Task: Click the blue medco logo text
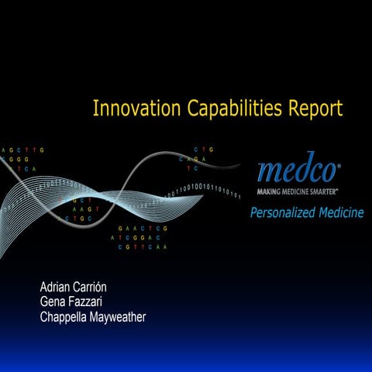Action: [x=298, y=167]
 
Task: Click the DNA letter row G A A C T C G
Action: [x=143, y=229]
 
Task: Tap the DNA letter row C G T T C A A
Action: [x=143, y=247]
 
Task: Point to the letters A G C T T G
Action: [x=22, y=150]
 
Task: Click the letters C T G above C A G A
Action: [x=204, y=149]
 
